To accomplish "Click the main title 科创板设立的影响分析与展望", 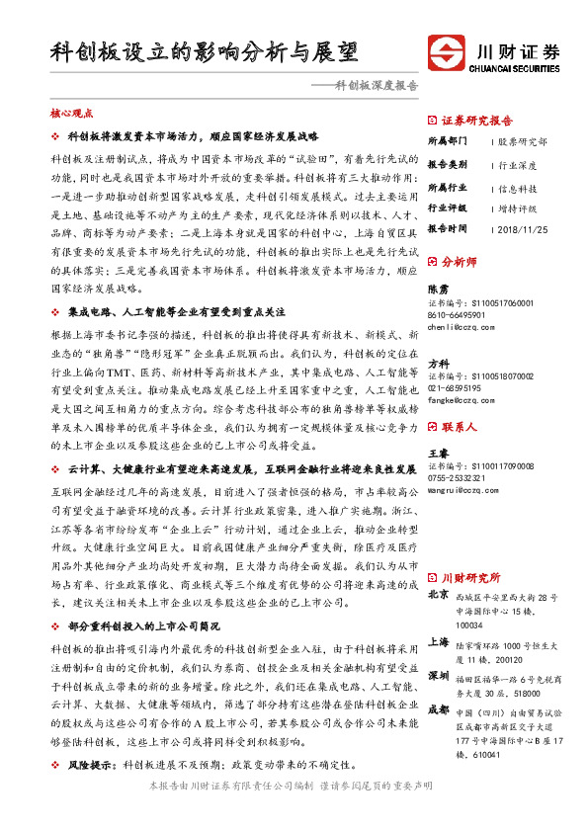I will (x=204, y=52).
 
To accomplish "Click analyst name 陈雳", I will (x=438, y=289).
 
